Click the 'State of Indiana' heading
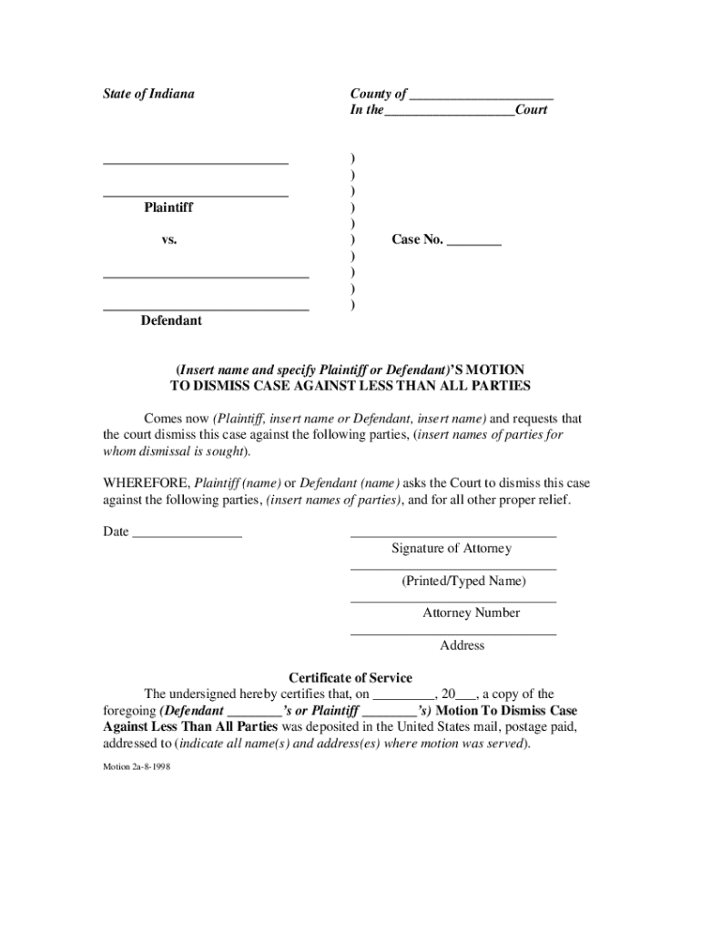(148, 94)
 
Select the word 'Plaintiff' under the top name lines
(168, 208)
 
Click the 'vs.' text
(168, 240)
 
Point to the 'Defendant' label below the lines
(171, 320)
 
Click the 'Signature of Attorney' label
(452, 549)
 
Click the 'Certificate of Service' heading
(350, 678)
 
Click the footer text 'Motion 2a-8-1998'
(137, 766)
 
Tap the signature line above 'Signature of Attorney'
(453, 536)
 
